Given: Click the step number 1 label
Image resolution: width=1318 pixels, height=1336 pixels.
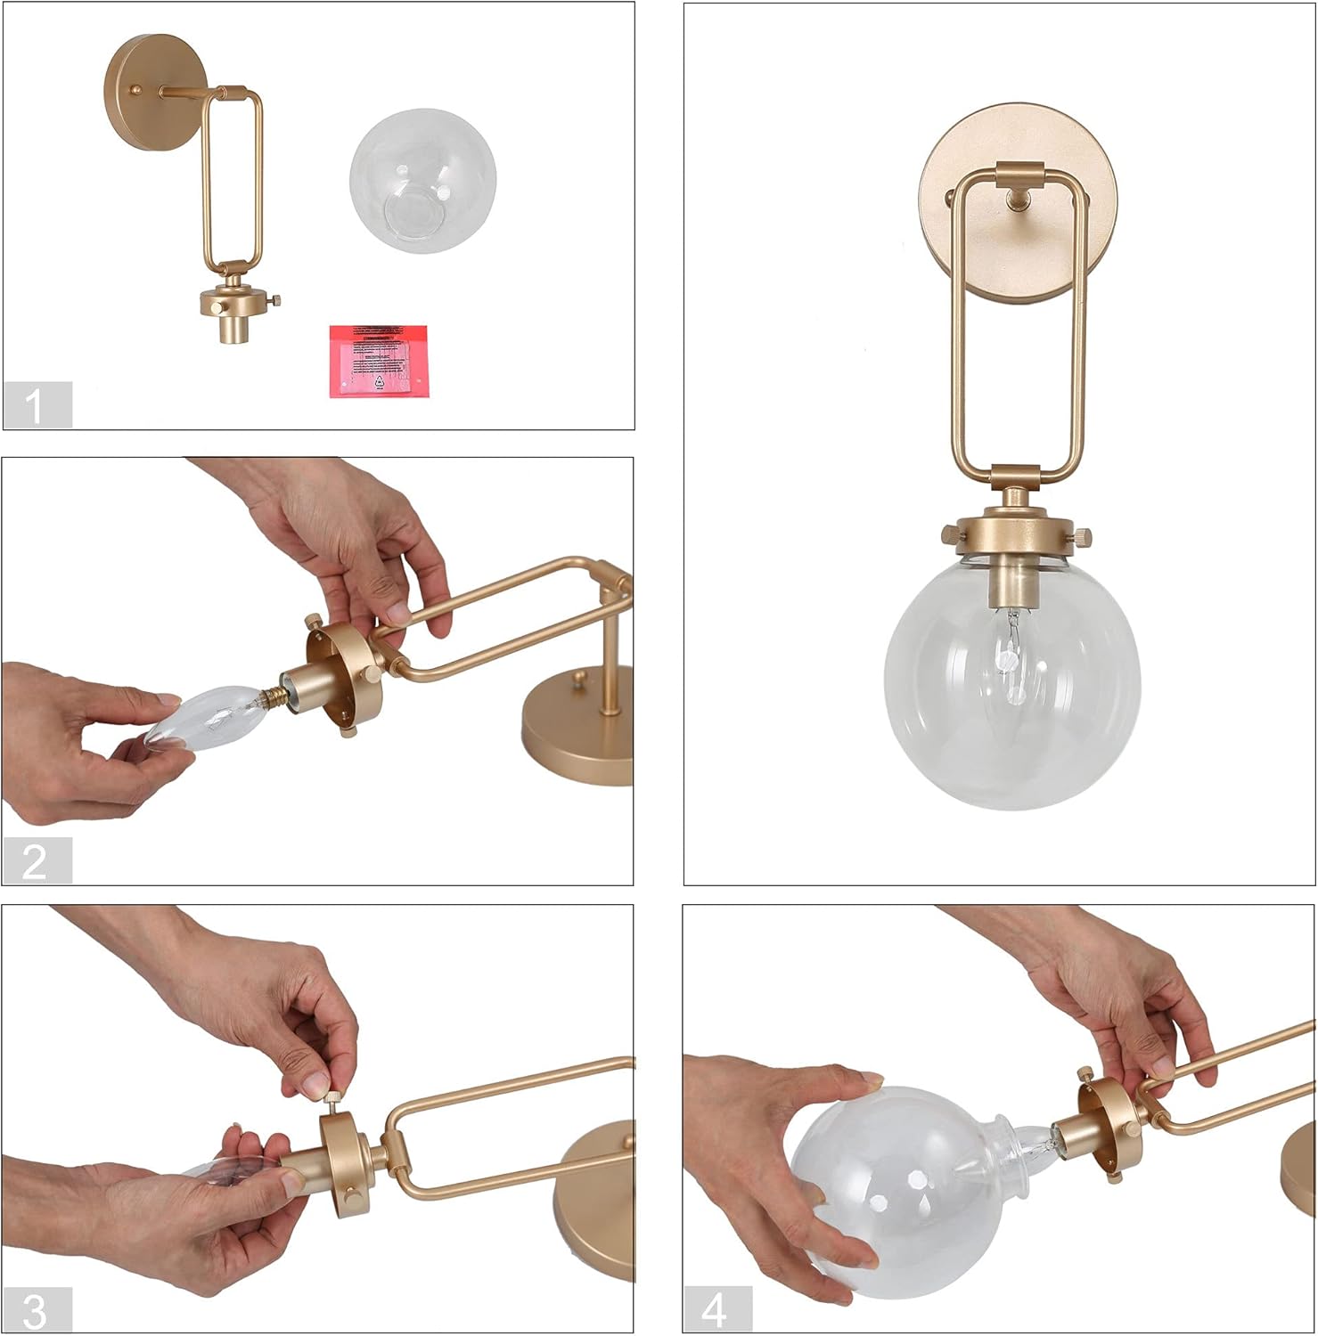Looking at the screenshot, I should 37,405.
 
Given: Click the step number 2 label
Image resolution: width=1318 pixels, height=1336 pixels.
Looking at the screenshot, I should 37,861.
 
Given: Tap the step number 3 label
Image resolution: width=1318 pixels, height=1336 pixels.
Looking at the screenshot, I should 37,1310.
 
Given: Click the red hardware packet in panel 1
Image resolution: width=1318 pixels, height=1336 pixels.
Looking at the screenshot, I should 378,361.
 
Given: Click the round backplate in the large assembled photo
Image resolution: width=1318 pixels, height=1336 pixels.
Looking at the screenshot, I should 1019,203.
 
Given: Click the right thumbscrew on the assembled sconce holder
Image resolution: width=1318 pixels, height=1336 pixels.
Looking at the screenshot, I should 1082,538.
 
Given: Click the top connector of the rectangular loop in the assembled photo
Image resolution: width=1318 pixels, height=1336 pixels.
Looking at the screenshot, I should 1019,172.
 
